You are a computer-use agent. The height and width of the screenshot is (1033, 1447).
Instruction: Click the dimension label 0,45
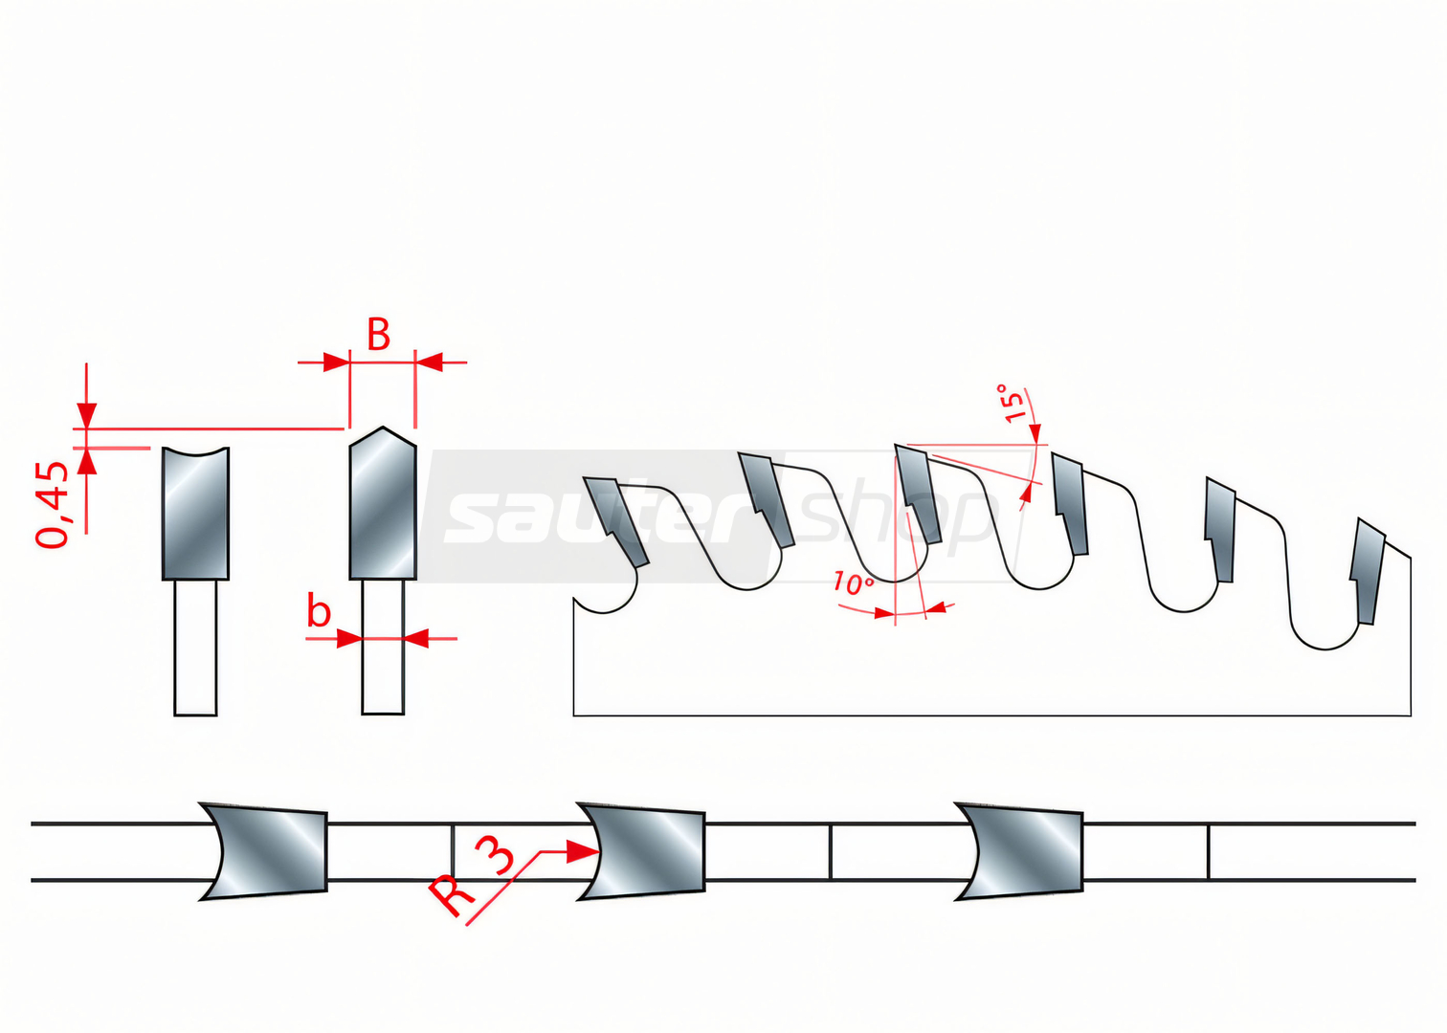coord(54,505)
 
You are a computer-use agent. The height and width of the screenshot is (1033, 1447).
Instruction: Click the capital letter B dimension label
coord(379,336)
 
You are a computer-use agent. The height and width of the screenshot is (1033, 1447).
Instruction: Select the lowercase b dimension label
coord(319,611)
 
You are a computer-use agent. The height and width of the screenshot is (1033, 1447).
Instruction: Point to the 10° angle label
coord(852,582)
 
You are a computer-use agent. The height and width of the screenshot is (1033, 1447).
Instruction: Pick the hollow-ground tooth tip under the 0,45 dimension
coord(195,514)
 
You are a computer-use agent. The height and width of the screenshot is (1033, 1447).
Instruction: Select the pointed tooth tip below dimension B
coord(383,505)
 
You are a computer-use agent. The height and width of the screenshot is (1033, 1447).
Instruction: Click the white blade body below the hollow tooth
coord(195,648)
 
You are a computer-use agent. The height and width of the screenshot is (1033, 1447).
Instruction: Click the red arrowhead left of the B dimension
coord(336,363)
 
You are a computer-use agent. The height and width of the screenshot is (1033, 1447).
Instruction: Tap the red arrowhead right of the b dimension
coord(416,638)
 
